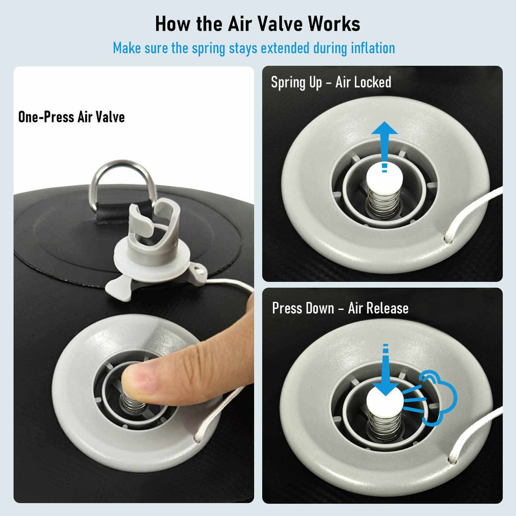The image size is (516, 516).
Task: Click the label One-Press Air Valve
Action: (x=72, y=117)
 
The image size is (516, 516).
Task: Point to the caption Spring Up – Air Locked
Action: (x=331, y=82)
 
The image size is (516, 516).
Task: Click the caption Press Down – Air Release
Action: (x=340, y=308)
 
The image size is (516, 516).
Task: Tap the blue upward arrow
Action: (x=384, y=147)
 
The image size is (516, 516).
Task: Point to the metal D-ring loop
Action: (x=123, y=165)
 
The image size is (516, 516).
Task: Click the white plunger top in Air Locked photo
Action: (x=384, y=179)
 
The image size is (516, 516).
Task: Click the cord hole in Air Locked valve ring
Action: (x=448, y=238)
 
